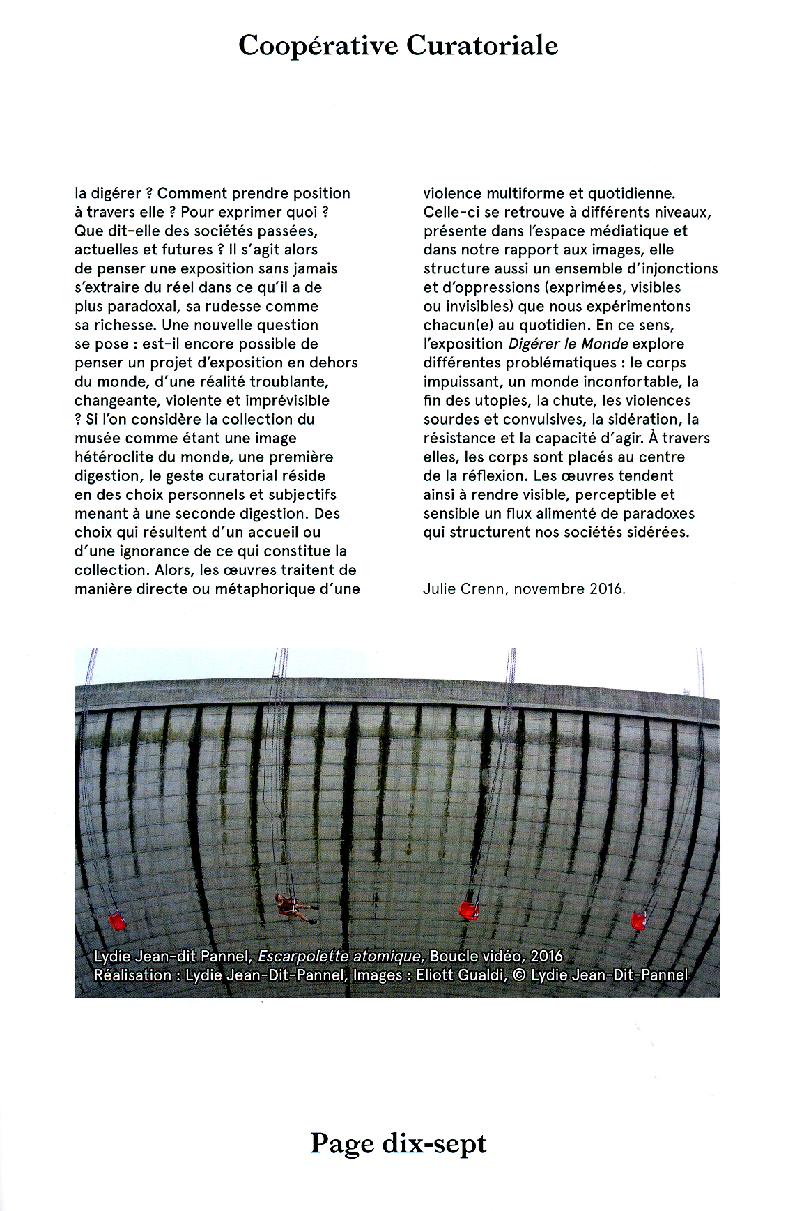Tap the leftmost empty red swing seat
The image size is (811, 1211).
click(117, 922)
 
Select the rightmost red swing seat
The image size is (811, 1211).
click(638, 920)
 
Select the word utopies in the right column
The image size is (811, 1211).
click(496, 401)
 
